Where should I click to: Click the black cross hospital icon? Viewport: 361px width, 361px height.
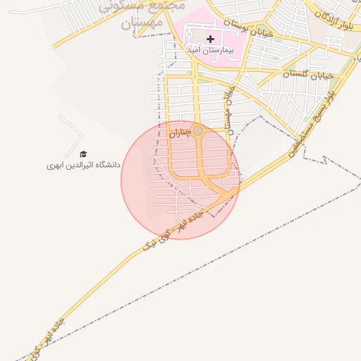click(210, 39)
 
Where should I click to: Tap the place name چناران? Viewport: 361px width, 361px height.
click(180, 131)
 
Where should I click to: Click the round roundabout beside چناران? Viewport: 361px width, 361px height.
click(198, 131)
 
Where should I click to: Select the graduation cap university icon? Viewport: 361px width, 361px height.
click(83, 154)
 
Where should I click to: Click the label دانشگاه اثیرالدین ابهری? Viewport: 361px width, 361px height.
click(83, 165)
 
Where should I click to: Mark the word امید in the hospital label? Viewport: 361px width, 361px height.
click(192, 50)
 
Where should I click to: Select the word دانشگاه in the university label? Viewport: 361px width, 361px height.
click(106, 165)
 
